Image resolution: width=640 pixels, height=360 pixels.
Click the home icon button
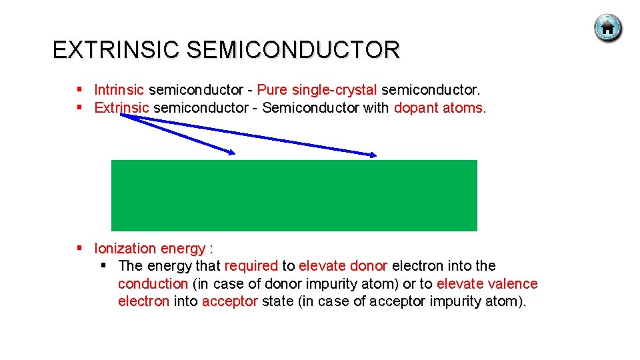pyautogui.click(x=607, y=28)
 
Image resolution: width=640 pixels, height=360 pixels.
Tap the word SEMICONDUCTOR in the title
pyautogui.click(x=293, y=50)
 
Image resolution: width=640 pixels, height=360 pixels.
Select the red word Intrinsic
pyautogui.click(x=119, y=89)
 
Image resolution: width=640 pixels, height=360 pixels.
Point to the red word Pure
pyautogui.click(x=271, y=89)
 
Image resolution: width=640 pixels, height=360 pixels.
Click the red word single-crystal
pyautogui.click(x=335, y=89)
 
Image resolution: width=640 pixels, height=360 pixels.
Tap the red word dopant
pyautogui.click(x=416, y=107)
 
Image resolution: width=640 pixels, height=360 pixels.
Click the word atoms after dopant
pyautogui.click(x=464, y=107)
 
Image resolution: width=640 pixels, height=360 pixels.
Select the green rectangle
pyautogui.click(x=294, y=195)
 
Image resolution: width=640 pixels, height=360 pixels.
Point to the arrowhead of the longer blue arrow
pyautogui.click(x=373, y=156)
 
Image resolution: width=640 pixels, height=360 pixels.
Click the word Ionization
pyautogui.click(x=125, y=249)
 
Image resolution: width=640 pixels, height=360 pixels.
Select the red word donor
pyautogui.click(x=369, y=266)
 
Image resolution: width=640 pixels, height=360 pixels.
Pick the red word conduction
pyautogui.click(x=153, y=284)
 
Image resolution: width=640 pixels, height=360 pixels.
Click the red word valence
pyautogui.click(x=513, y=284)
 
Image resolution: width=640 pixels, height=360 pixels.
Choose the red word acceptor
pyautogui.click(x=229, y=301)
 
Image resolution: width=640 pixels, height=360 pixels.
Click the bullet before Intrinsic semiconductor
pyautogui.click(x=79, y=89)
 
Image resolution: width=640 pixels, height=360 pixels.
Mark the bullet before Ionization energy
pyautogui.click(x=79, y=248)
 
